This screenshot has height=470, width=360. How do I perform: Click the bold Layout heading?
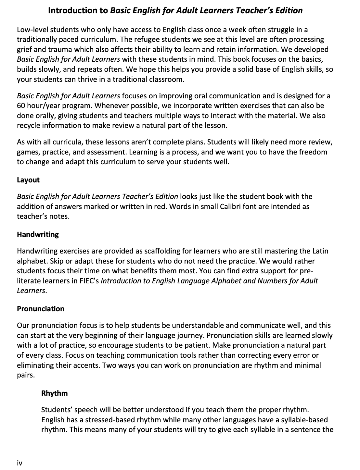[x=28, y=180]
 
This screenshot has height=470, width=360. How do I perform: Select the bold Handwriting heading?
[x=38, y=234]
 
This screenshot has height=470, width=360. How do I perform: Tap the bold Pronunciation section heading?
[x=41, y=309]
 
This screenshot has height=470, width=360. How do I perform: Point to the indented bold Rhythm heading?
[x=55, y=393]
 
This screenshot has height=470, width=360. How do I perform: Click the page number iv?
[x=19, y=463]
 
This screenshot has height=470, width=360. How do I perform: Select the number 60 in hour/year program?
[x=21, y=106]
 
